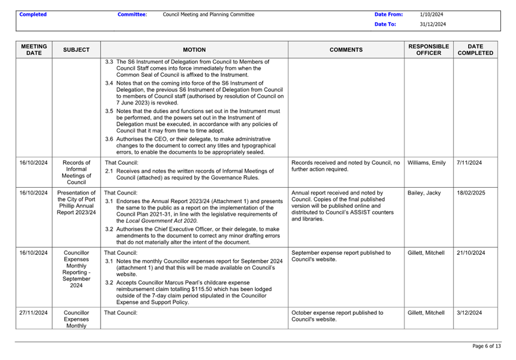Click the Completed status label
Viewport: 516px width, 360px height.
click(x=33, y=14)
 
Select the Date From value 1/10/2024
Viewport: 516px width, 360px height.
click(x=432, y=14)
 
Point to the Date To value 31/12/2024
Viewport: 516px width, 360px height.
click(x=433, y=25)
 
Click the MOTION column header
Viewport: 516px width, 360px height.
click(x=194, y=50)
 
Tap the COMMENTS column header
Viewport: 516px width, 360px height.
click(x=346, y=50)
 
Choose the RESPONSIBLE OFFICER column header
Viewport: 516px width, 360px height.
click(x=429, y=49)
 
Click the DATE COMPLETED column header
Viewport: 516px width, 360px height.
click(x=475, y=49)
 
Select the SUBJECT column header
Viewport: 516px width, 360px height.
click(x=76, y=50)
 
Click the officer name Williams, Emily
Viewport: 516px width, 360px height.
click(x=426, y=163)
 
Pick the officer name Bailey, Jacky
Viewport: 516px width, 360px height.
click(x=423, y=193)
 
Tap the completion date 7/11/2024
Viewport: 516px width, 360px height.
click(x=469, y=163)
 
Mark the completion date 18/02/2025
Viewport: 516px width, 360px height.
click(x=471, y=193)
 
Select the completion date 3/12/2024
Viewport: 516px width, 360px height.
click(x=469, y=313)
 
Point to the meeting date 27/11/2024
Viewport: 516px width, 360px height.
click(x=33, y=313)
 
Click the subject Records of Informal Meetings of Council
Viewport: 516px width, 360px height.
click(x=76, y=172)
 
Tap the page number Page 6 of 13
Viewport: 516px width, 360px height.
click(x=486, y=346)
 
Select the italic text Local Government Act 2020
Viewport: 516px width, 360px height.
click(x=157, y=220)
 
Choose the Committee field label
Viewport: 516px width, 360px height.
click(x=132, y=14)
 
